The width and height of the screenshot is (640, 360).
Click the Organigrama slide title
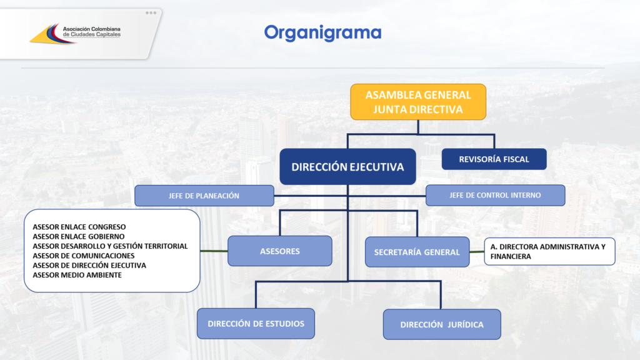coord(322,32)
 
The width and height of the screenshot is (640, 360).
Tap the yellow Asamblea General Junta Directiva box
coord(418,102)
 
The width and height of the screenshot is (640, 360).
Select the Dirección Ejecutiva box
coord(347,166)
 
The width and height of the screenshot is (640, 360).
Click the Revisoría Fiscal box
coord(494,159)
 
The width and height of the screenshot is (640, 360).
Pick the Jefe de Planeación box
coord(204,196)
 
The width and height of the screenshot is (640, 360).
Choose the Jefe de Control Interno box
coord(495,195)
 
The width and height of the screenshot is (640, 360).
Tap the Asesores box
coord(280,251)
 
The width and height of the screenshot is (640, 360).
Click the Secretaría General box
coord(417,252)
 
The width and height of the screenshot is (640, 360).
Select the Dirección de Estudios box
coord(256,324)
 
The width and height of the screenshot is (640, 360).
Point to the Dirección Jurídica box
coord(442,324)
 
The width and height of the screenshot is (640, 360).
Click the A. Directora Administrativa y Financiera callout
coord(549,251)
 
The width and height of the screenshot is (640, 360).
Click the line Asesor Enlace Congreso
coord(79,227)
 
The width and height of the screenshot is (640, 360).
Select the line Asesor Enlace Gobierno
coord(78,236)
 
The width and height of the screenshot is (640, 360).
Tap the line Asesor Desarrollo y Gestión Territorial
coord(110,246)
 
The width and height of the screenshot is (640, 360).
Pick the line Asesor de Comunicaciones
coord(83,256)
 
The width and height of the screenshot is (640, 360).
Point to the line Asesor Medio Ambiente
coord(77,275)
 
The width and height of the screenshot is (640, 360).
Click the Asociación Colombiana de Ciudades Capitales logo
coord(75,33)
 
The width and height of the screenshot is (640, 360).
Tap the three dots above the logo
coord(151,13)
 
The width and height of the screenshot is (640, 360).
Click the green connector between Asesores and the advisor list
coord(214,251)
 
